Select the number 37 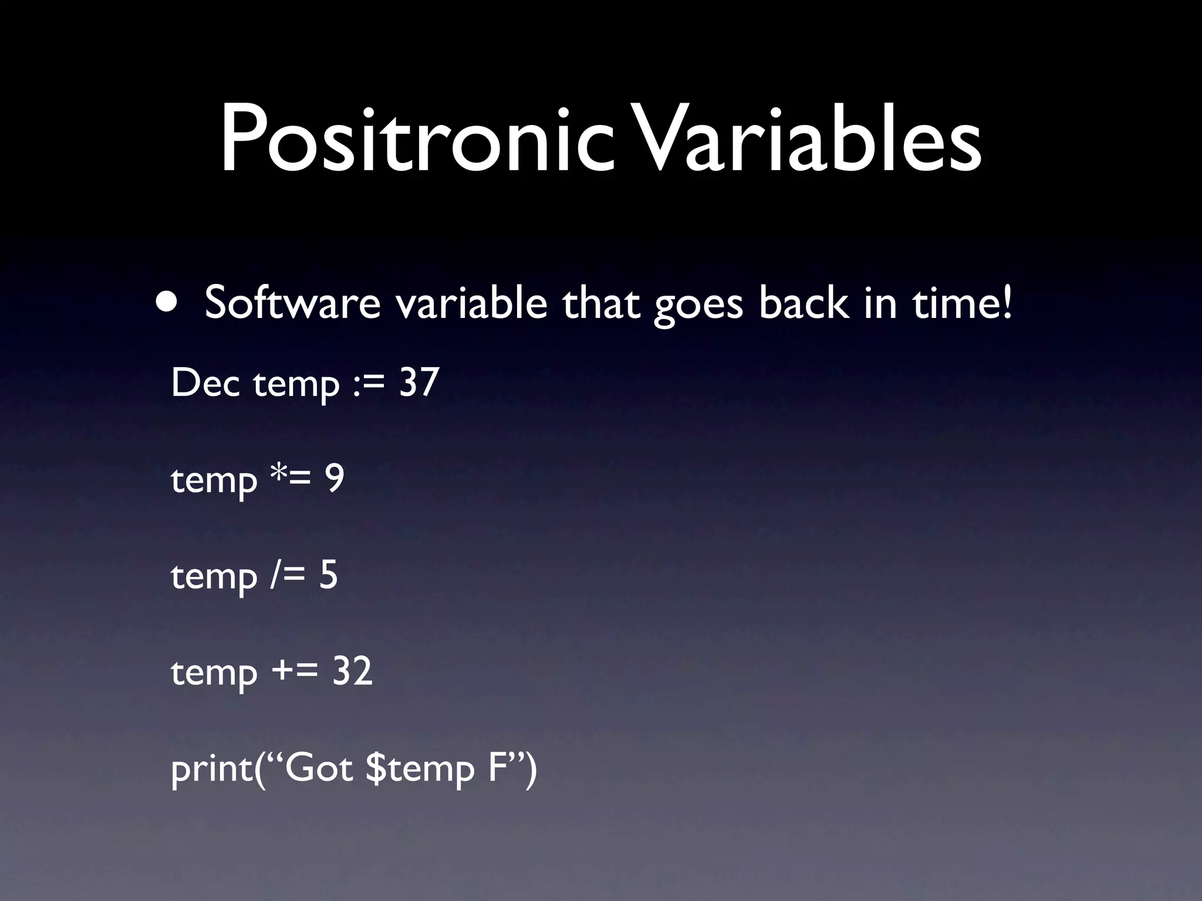click(419, 383)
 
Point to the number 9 click(335, 479)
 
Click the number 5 click(329, 575)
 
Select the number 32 click(352, 671)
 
